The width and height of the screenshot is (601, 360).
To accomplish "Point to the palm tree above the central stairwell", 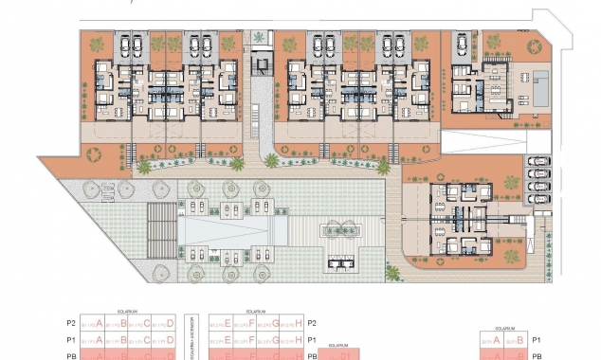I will (259, 37).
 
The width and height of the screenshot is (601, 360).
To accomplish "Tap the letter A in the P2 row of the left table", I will (100, 322).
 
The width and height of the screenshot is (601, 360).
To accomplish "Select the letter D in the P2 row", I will (170, 322).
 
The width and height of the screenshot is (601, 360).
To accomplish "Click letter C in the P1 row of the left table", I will (147, 340).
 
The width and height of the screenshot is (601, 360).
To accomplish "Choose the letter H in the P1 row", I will (299, 340).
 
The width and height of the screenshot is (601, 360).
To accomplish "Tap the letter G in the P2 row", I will (275, 322).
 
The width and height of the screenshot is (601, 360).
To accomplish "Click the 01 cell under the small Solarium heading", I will (345, 356).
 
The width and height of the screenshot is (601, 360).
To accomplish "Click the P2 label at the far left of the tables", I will (70, 322).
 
